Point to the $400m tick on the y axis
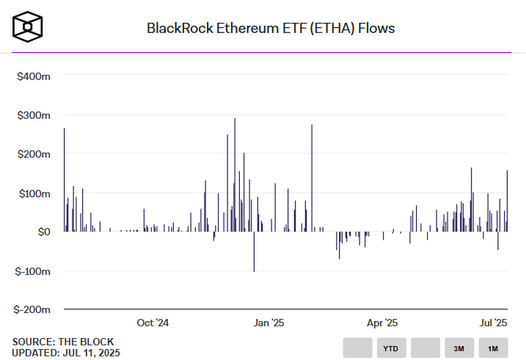pos(34,76)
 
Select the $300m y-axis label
pos(34,115)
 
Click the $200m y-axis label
pos(34,154)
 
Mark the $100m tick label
pos(34,193)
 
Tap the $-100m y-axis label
pos(32,271)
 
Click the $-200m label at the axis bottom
pos(32,309)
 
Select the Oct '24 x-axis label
pos(153,323)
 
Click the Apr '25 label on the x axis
pos(381,323)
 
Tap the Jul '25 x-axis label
pos(493,323)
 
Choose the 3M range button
pos(459,348)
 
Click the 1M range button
pos(493,348)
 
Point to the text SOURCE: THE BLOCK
pos(63,342)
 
